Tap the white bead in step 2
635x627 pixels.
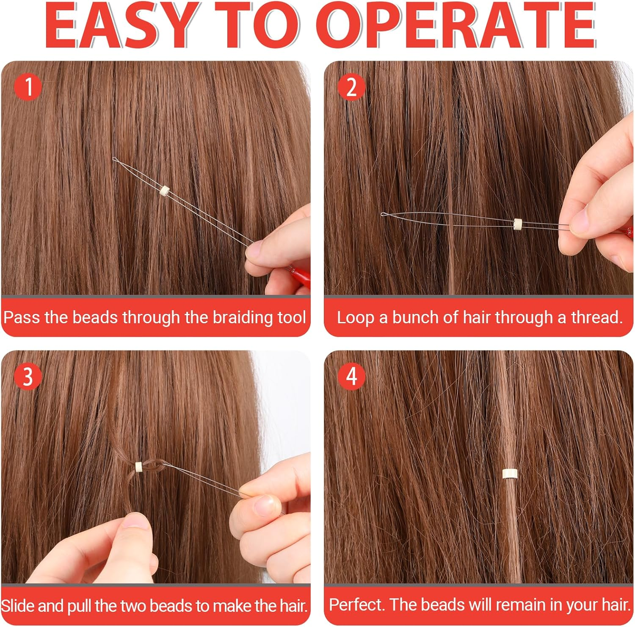point(517,223)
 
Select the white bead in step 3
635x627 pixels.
point(138,466)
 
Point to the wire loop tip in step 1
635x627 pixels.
point(114,159)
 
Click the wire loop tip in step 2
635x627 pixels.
point(383,214)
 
